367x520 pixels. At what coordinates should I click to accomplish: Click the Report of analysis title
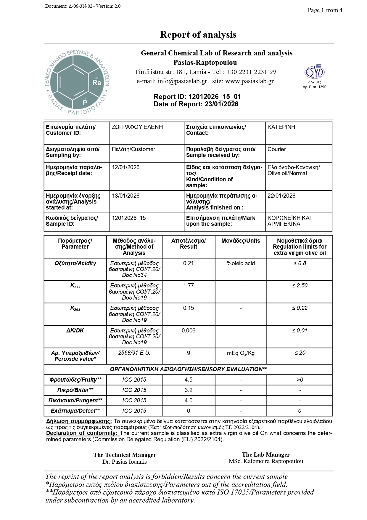coord(198,35)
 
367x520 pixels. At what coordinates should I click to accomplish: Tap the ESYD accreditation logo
coord(315,72)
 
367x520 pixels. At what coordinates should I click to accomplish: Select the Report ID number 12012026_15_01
coord(214,97)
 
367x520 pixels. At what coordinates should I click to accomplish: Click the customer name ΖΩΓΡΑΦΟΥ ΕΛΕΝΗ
coord(137,127)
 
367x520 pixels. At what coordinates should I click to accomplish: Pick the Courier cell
coord(276,149)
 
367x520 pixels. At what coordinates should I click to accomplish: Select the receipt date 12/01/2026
coord(125,167)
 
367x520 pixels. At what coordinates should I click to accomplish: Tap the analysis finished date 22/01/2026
coord(281,196)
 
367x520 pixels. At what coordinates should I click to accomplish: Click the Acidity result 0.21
coord(189,263)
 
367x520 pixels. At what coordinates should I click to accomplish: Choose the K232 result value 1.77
coord(189,286)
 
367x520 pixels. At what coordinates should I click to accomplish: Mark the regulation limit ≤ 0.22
coord(300,308)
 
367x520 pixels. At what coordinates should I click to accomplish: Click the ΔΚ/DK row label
coord(75,330)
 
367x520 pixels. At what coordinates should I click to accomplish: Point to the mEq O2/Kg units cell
coord(241,353)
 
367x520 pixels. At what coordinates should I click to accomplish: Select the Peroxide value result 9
coord(189,353)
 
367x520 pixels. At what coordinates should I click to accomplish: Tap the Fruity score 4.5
coord(189,380)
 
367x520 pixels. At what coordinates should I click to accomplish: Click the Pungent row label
coord(75,401)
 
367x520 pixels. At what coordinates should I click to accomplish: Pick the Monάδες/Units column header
coord(241,241)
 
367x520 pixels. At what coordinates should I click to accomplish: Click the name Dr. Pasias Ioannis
coord(125,462)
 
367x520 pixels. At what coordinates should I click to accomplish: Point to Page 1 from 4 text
coord(325,10)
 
